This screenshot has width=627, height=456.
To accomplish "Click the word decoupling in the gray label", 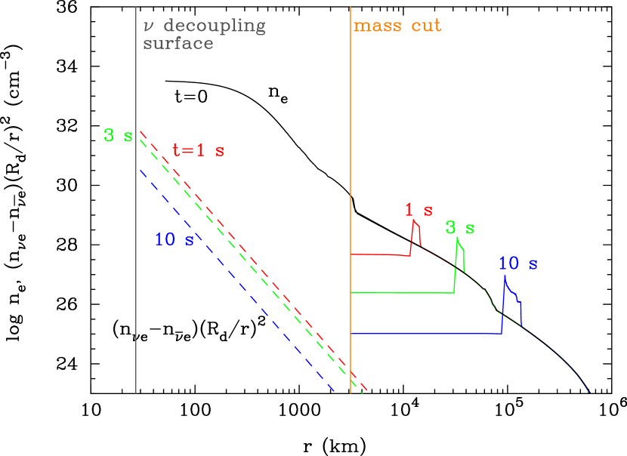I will click(215, 26).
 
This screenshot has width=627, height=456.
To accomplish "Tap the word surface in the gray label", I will click(178, 43).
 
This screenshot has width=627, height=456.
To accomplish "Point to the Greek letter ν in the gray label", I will click(148, 27).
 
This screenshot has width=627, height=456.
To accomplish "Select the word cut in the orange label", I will click(426, 26).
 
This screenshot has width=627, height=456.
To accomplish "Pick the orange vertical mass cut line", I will click(351, 113).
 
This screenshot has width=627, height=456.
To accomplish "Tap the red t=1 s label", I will click(198, 150).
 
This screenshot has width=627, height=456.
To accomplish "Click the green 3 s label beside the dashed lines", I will click(118, 136).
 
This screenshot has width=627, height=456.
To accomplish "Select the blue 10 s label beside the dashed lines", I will click(174, 240).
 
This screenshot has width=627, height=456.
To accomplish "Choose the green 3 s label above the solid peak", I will click(459, 227).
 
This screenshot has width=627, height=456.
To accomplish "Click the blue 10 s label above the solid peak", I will click(517, 263).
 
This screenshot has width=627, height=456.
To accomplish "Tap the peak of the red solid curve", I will click(413, 220).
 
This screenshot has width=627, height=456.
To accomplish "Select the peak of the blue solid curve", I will click(505, 281).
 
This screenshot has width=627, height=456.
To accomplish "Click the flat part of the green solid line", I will click(400, 292).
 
